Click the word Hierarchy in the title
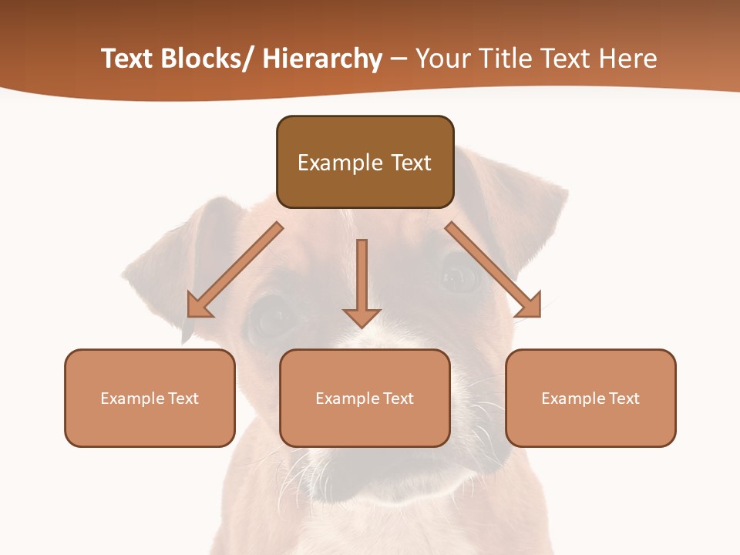pos(322,59)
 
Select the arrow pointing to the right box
pos(493,269)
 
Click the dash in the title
pos(399,59)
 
